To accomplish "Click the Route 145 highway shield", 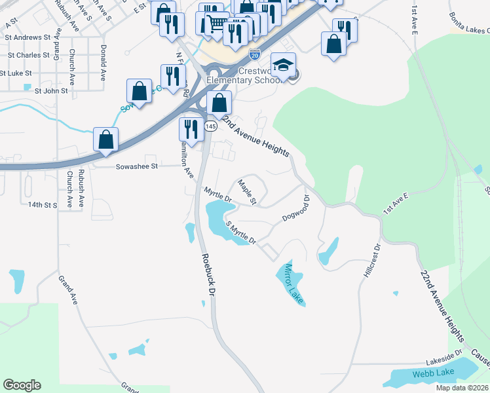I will tap(210, 125).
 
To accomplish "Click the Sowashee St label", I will tap(137, 166).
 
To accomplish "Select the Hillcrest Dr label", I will tap(371, 261).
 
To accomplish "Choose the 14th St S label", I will tap(43, 205).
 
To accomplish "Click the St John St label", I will tap(51, 91).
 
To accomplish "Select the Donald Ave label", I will tap(103, 62).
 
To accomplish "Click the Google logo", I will tap(22, 385).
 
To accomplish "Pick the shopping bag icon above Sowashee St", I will tap(106, 140).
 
